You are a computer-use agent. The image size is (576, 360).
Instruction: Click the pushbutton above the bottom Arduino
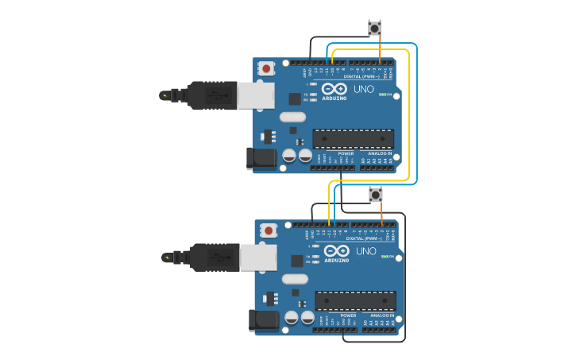(x=376, y=194)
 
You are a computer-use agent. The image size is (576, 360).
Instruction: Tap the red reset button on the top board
(x=266, y=68)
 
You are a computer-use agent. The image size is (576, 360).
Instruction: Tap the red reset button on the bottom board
(x=269, y=230)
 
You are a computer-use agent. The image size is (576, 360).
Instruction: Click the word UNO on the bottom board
(x=365, y=251)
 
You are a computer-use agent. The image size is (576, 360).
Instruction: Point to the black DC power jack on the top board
(x=261, y=158)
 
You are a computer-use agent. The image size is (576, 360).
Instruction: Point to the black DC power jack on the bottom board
(x=264, y=320)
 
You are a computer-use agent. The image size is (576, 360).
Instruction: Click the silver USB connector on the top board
(x=256, y=95)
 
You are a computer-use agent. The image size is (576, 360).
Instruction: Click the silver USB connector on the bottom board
(x=258, y=257)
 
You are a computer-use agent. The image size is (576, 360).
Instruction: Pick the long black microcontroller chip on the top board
(x=353, y=138)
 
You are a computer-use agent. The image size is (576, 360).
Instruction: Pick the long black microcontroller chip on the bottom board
(x=355, y=300)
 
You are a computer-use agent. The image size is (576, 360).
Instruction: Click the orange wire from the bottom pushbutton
(x=381, y=214)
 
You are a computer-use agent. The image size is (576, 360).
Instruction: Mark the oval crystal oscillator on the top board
(x=292, y=117)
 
